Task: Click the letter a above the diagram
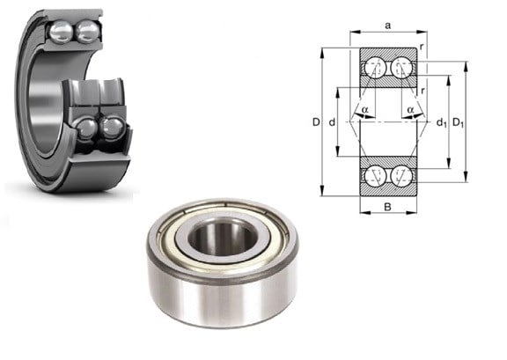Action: pos(388,26)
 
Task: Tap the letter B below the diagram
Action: pos(387,207)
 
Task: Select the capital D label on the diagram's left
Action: pos(316,122)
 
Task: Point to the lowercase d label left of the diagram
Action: pos(332,122)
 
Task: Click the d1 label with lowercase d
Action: pos(442,123)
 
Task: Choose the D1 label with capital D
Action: pos(459,122)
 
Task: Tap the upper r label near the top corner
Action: pos(422,47)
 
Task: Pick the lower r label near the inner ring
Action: pos(422,91)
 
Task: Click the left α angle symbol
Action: pos(365,110)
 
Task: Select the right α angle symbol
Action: pos(411,110)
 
